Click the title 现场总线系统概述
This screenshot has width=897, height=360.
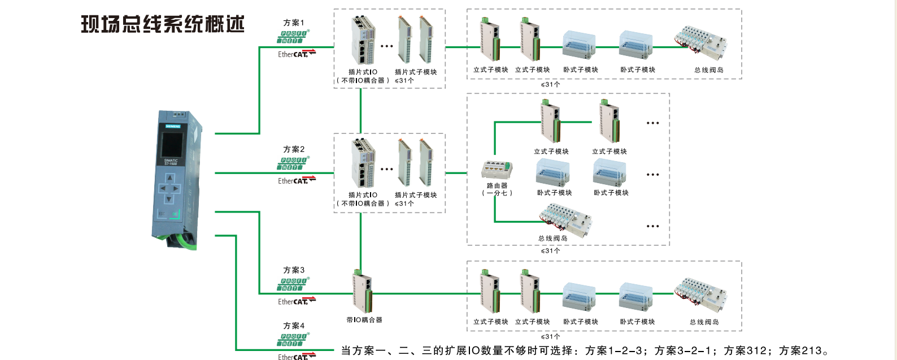pos(163,24)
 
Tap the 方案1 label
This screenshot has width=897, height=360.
pos(294,23)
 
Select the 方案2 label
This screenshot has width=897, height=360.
pos(294,149)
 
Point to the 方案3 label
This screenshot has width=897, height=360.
pos(294,270)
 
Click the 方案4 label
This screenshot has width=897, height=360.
pos(294,326)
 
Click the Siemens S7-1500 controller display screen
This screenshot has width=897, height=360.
pos(171,144)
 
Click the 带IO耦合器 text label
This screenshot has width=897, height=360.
pos(364,320)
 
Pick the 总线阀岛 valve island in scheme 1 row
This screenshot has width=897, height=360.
pos(700,44)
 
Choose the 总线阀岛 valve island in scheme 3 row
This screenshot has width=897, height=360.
pos(700,295)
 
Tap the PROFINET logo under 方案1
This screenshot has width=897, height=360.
pos(293,37)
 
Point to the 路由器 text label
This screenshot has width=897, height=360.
pos(497,185)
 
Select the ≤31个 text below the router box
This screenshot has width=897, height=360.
pos(550,250)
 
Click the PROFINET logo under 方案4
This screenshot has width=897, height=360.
pos(293,340)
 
